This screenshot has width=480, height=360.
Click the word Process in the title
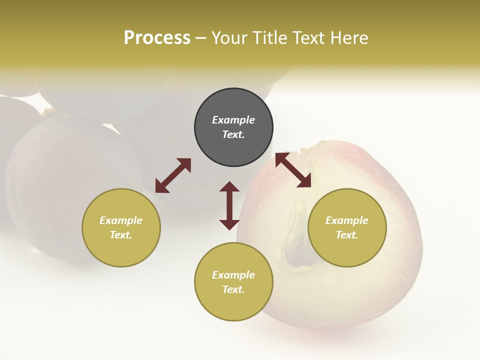pos(157,38)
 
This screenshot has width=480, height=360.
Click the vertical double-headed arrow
pos(229,205)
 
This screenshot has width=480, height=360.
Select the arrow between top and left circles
pos(173,175)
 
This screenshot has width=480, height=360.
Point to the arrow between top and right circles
pos(293,170)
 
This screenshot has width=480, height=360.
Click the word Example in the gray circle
pos(233,120)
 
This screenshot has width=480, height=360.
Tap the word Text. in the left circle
pos(121,235)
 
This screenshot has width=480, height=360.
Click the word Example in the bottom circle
pos(233,275)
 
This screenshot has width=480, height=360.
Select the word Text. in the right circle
pos(347,235)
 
